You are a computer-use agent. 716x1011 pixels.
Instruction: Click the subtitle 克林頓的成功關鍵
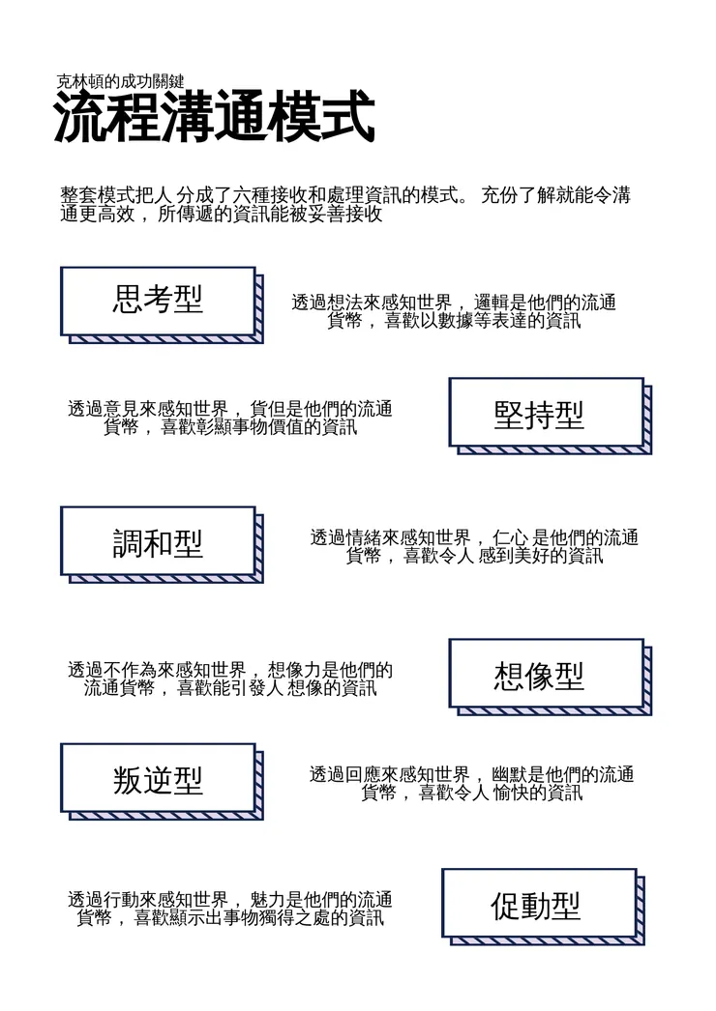point(120,81)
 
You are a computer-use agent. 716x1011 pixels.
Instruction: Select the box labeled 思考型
point(158,301)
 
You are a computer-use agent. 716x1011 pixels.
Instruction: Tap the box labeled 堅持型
point(546,413)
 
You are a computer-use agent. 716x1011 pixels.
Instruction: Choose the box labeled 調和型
point(158,541)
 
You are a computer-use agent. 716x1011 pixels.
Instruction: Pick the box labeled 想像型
point(546,674)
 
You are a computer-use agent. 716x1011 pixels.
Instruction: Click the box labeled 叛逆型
point(158,778)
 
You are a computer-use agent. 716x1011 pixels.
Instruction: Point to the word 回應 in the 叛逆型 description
point(363,775)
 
